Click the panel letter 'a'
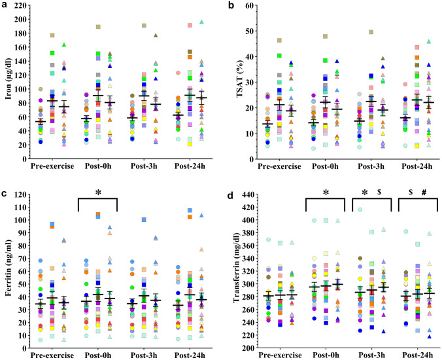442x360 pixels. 5,6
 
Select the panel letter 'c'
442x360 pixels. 5,191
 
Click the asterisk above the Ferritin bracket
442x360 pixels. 97,192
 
